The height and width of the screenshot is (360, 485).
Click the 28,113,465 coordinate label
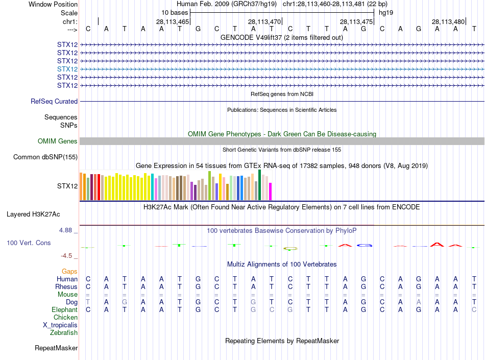click(x=173, y=22)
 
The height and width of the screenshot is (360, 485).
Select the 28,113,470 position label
click(x=264, y=22)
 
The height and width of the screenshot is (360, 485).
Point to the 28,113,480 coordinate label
click(x=448, y=22)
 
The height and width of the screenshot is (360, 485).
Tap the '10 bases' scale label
click(x=175, y=12)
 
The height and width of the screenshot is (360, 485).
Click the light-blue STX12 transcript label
click(x=67, y=69)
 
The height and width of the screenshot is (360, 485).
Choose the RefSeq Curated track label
click(x=54, y=102)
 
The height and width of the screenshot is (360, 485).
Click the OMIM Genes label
click(x=58, y=141)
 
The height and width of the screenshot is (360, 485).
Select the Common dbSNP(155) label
click(x=45, y=157)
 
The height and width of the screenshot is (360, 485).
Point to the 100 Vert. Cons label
click(x=29, y=243)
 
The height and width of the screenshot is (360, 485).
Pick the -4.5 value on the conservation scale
click(x=67, y=256)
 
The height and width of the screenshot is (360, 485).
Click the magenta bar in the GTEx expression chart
click(x=271, y=191)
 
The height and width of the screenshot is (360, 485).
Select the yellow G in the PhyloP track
click(x=290, y=249)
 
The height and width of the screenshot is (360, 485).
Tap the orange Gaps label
click(x=69, y=271)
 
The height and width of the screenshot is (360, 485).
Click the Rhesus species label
click(x=66, y=287)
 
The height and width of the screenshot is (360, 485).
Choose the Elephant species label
click(x=64, y=310)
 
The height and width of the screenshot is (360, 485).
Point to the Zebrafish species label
click(x=64, y=333)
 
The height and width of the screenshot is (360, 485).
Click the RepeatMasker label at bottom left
click(x=56, y=348)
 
